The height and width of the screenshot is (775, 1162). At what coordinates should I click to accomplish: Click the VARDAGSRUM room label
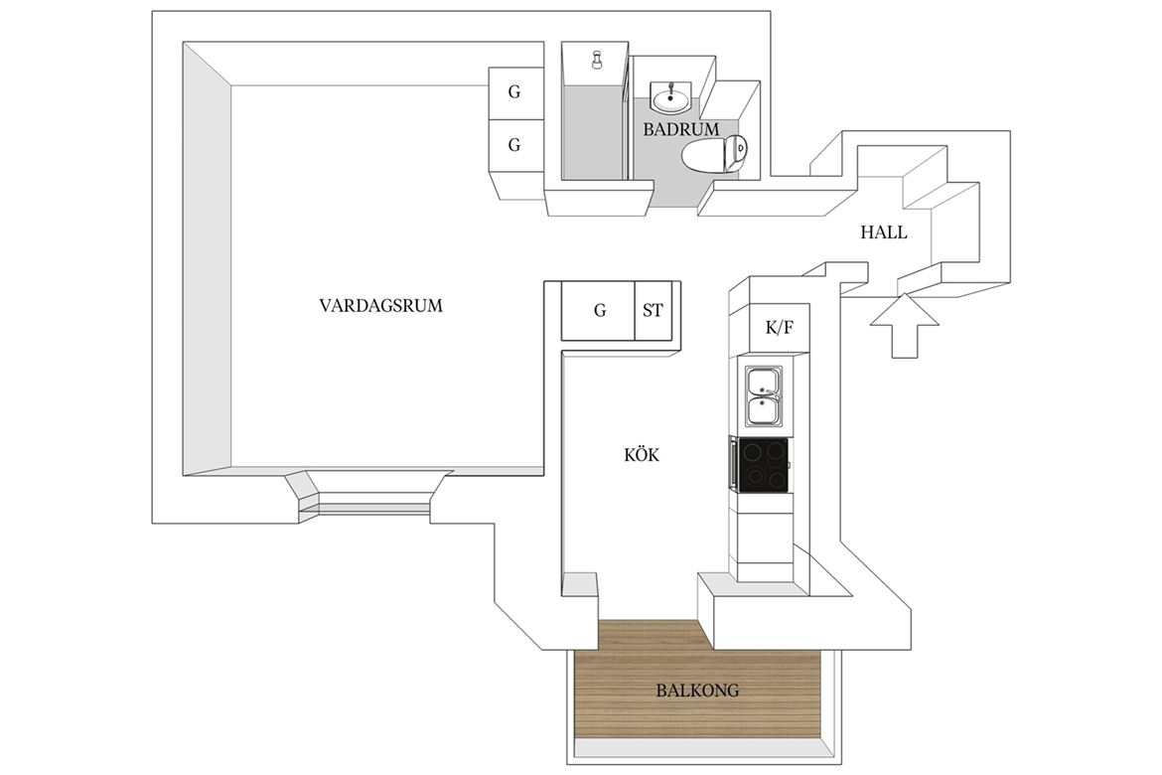tap(380, 306)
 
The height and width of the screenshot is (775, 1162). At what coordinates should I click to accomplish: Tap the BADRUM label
tap(680, 130)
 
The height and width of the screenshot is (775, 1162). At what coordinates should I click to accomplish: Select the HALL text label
tap(883, 232)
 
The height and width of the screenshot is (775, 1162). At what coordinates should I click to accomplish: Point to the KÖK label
tap(641, 455)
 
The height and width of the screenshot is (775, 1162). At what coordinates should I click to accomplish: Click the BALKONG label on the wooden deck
tap(696, 691)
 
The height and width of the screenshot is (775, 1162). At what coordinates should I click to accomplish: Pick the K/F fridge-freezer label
tap(778, 327)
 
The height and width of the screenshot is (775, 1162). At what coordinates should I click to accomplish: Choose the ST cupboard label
tap(653, 310)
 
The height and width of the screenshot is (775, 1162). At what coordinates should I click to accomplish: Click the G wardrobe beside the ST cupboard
tap(599, 311)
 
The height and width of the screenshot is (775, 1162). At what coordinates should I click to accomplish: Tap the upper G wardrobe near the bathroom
tap(513, 92)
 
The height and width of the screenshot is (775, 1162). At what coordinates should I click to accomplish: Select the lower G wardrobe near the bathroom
tap(513, 145)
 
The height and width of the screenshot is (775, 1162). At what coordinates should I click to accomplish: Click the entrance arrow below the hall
tap(904, 325)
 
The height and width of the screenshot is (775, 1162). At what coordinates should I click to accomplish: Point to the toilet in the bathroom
tap(714, 154)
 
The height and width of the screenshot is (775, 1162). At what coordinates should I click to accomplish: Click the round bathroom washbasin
tap(670, 97)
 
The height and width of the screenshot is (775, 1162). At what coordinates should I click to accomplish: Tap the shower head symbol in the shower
tap(597, 60)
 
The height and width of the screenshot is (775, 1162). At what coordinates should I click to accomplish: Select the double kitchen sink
tap(764, 397)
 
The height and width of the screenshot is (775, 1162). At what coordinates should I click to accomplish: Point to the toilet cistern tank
tap(740, 155)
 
